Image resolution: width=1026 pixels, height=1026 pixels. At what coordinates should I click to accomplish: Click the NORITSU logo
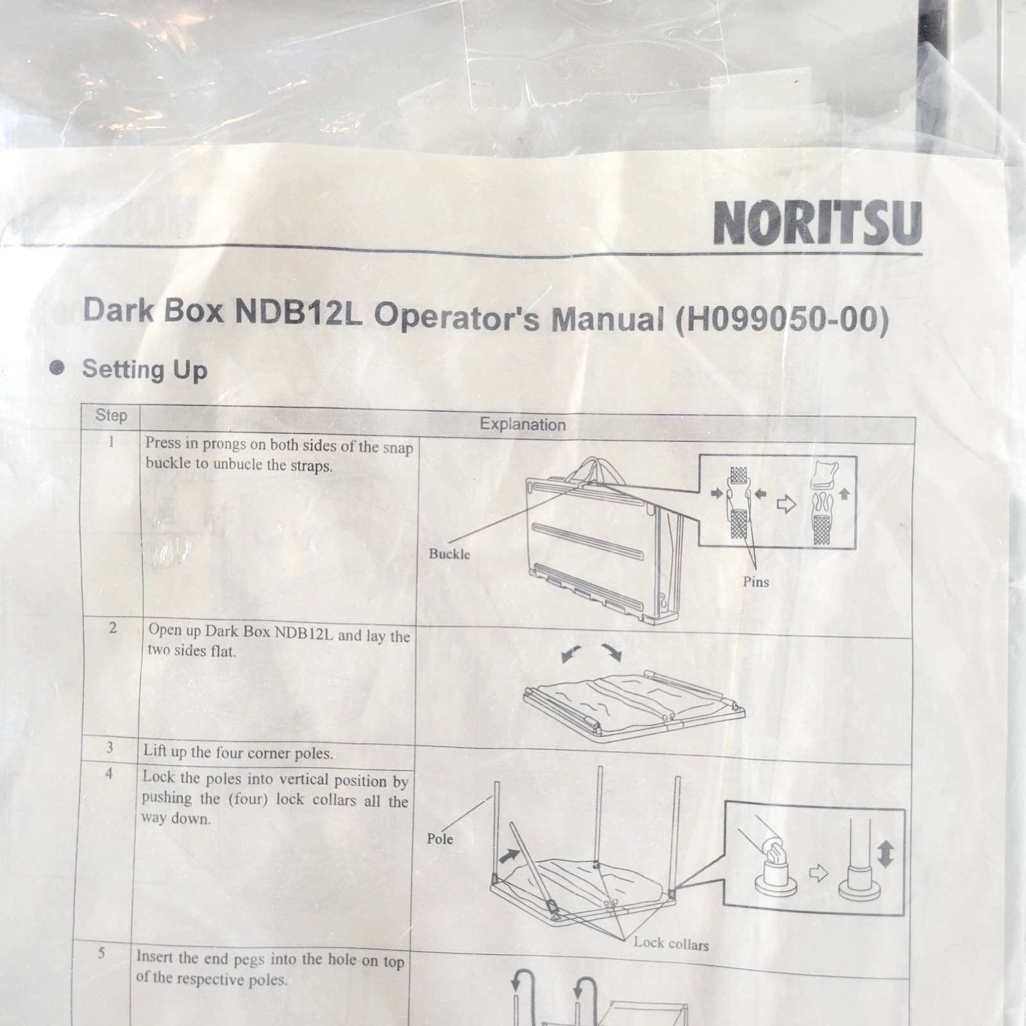point(818,223)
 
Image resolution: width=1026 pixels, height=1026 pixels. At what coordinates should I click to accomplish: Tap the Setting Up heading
point(144,369)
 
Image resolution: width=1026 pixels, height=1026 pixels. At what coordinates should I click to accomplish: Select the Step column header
point(111,416)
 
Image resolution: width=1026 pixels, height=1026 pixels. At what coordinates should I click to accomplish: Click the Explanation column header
point(523,425)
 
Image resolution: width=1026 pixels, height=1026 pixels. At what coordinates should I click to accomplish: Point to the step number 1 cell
point(112,442)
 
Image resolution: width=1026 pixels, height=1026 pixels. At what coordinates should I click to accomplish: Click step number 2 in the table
point(113,628)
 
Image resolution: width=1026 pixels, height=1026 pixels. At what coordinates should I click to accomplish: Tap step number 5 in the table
point(101,953)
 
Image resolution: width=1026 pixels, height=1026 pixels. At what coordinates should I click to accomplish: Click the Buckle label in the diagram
point(450,554)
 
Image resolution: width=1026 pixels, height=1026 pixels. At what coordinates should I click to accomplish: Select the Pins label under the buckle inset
point(755,582)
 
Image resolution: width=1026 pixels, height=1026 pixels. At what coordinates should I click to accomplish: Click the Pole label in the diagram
point(440,839)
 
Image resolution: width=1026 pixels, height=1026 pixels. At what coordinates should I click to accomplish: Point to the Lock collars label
point(671,944)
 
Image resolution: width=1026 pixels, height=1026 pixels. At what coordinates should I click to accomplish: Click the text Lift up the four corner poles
point(238,753)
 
